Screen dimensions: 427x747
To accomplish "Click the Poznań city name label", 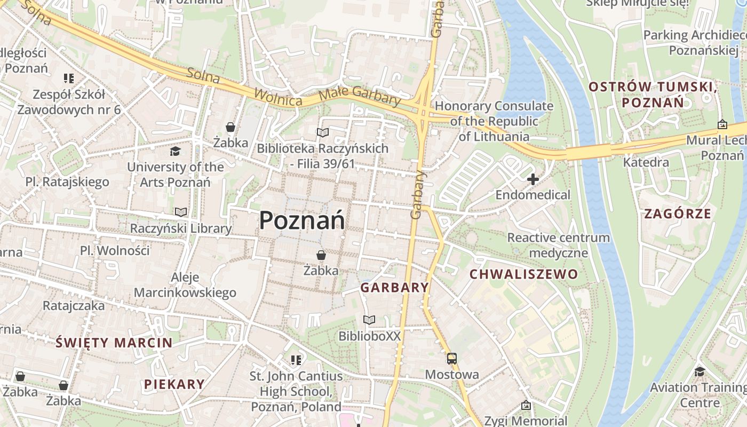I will click(303, 220).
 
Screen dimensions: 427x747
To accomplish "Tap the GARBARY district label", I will click(394, 288).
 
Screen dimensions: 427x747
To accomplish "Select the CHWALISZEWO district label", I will click(523, 274).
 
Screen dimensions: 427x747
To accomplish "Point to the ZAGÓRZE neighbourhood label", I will click(678, 214).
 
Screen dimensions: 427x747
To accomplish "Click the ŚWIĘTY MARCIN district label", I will click(114, 343).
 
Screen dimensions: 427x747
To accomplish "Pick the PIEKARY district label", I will click(174, 384).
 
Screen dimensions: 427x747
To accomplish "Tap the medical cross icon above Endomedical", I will click(533, 179).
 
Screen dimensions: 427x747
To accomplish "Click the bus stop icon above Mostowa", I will click(452, 358).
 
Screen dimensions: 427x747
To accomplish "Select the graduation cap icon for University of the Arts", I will click(175, 152).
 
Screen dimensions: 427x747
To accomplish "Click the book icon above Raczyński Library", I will click(181, 212).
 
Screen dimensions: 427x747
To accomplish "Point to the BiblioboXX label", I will click(369, 336).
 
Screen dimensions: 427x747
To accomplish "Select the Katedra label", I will click(646, 162).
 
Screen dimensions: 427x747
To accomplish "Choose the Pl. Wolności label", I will click(115, 250).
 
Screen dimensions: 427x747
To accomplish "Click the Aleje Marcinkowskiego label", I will click(185, 285).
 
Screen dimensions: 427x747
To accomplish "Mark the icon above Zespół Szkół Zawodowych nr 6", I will click(69, 78).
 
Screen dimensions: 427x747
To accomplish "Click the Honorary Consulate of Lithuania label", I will click(494, 121).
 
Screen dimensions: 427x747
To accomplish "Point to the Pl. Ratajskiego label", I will click(67, 181).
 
